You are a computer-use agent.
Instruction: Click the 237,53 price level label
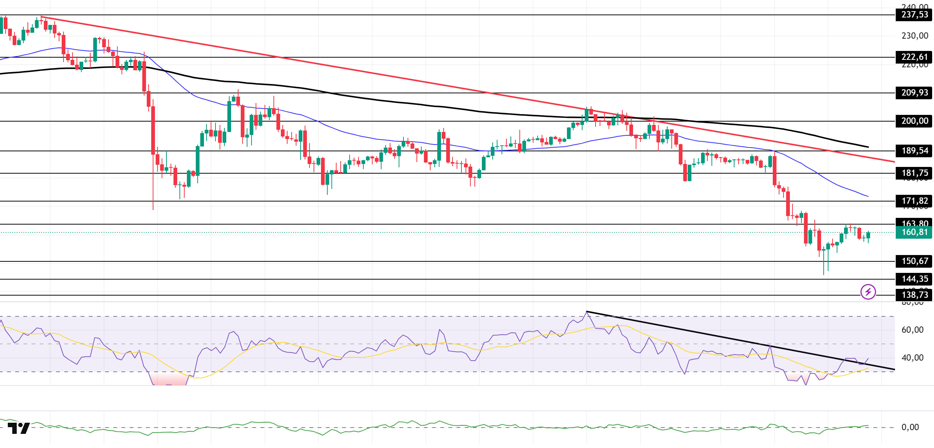coord(914,15)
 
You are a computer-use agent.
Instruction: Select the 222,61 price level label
coord(914,57)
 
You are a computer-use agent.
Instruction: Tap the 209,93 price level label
coord(914,93)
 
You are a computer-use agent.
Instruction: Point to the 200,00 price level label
coord(914,121)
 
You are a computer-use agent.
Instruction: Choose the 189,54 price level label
coord(914,151)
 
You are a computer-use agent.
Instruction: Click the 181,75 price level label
coord(914,173)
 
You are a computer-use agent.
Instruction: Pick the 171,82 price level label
coord(914,201)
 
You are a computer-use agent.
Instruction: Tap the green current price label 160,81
coord(914,232)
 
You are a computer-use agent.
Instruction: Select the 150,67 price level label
coord(914,261)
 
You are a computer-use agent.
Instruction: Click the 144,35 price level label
coord(914,279)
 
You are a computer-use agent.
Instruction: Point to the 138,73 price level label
coord(914,295)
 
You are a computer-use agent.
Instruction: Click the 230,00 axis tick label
coord(914,36)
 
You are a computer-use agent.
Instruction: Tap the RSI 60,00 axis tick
coord(912,330)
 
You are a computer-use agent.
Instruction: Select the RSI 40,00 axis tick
coord(912,358)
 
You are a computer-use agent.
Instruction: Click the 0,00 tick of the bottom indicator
coord(910,428)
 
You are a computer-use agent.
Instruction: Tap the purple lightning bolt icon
coord(868,292)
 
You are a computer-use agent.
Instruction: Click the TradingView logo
coord(19,428)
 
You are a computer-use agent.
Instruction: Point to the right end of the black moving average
coord(868,147)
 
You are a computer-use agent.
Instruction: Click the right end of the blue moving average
coord(868,196)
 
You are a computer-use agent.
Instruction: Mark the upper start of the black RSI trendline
coord(587,312)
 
